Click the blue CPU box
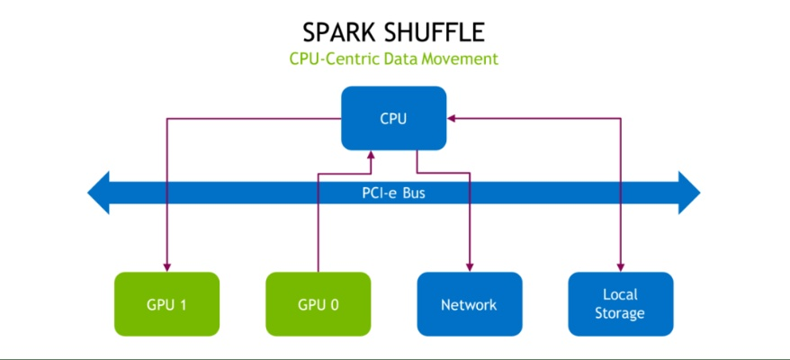click(394, 117)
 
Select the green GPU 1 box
click(166, 304)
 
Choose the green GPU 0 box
click(318, 304)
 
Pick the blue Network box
click(469, 304)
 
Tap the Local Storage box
click(620, 304)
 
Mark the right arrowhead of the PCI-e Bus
click(689, 193)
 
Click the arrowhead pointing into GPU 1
click(166, 267)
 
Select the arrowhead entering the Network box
click(469, 267)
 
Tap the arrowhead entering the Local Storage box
click(620, 267)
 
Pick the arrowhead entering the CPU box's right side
click(453, 118)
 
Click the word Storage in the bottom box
click(620, 313)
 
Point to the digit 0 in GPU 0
click(335, 304)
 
